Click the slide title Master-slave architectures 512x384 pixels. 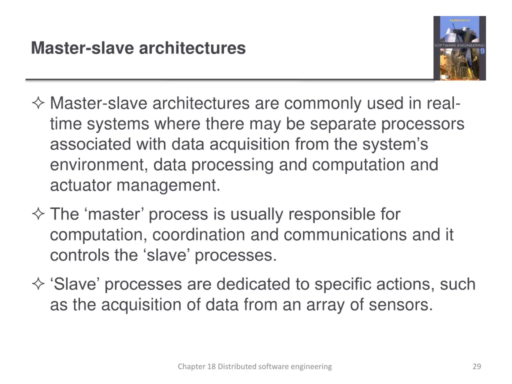coord(138,48)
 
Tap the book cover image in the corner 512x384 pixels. coord(459,48)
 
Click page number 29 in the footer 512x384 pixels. coord(476,366)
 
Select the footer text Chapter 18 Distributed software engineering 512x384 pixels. coord(254,366)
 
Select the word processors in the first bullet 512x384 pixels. coord(423,124)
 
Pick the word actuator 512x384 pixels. coord(80,185)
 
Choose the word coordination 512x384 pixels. coord(198,235)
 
